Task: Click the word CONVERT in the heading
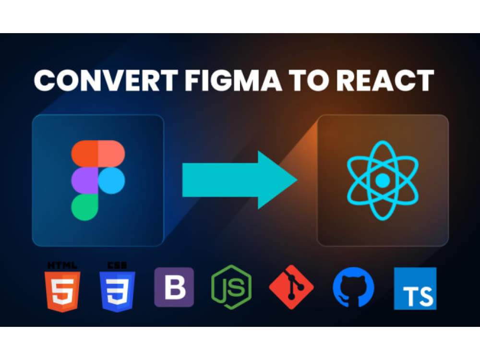coord(106,80)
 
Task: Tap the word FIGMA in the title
coord(233,80)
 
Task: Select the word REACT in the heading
coord(385,80)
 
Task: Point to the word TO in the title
coord(309,80)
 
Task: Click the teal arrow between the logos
coord(240,180)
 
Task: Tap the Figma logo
coord(98,180)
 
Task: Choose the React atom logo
coord(383,180)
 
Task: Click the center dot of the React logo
coord(383,180)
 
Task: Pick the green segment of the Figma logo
coord(84,207)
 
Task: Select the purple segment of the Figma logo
coord(84,180)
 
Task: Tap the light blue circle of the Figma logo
coord(111,180)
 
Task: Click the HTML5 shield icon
coord(62,291)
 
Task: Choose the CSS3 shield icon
coord(117,291)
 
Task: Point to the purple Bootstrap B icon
coord(174,287)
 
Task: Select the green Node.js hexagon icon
coord(231,287)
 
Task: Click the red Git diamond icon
coord(291,287)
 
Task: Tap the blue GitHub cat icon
coord(354,287)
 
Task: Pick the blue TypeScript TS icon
coord(415,288)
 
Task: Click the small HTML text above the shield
coord(62,265)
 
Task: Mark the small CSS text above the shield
coord(117,265)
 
